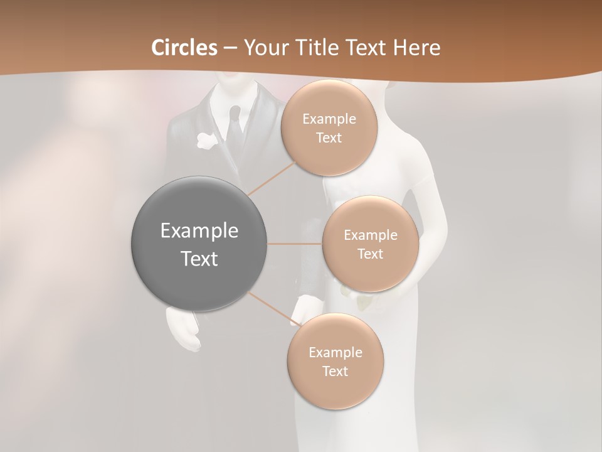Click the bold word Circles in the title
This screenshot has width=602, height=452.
[184, 48]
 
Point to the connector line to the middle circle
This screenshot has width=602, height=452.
[295, 244]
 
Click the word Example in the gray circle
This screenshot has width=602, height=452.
[199, 231]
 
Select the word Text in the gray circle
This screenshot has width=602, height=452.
[199, 259]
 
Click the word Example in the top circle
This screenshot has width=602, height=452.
[329, 119]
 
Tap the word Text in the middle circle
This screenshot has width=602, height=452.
[371, 254]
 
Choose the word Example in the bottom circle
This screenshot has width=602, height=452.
[335, 353]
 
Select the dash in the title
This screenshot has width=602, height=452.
[230, 48]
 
